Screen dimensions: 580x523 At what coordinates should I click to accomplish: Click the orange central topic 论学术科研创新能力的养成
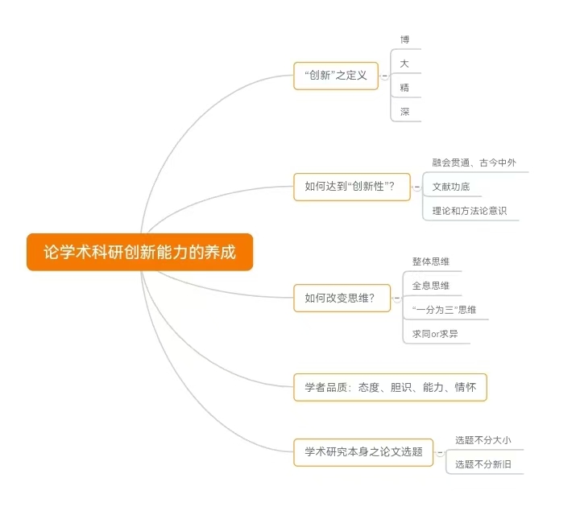coord(140,252)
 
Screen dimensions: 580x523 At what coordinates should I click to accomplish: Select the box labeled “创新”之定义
coord(336,76)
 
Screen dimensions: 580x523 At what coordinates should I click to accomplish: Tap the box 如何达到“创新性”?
coord(352,187)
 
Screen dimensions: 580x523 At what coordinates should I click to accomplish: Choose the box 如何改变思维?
coord(342,298)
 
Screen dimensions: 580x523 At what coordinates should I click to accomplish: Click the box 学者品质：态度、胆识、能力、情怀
coord(390,387)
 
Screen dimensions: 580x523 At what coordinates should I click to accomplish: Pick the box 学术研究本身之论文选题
coord(362,452)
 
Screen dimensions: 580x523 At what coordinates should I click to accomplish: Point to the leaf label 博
coord(404,39)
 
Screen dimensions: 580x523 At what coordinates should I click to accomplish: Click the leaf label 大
coord(404,64)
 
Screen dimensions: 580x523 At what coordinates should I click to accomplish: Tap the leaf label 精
coord(404,88)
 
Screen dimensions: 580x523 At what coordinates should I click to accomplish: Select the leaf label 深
coord(404,112)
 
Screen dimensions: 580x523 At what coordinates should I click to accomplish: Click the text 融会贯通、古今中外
coord(474,163)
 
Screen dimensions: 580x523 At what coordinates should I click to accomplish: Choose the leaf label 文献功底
coord(451,187)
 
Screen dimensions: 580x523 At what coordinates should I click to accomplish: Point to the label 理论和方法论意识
coord(470,211)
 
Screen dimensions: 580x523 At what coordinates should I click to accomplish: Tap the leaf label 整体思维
coord(431,261)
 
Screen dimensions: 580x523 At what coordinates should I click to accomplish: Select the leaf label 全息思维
coord(431,286)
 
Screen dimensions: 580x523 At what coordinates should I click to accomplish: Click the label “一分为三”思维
coord(444,310)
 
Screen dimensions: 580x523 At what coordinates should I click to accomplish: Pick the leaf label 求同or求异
coord(435,334)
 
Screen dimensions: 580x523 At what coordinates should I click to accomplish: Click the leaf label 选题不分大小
coord(483,440)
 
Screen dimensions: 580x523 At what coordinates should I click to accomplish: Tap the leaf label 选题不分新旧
coord(483,464)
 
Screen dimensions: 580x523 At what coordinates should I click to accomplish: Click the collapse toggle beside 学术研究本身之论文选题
coord(440,453)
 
